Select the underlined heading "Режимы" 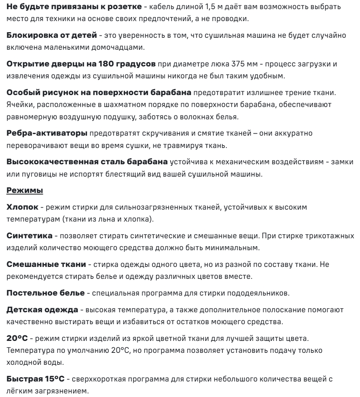[x=25, y=191]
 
